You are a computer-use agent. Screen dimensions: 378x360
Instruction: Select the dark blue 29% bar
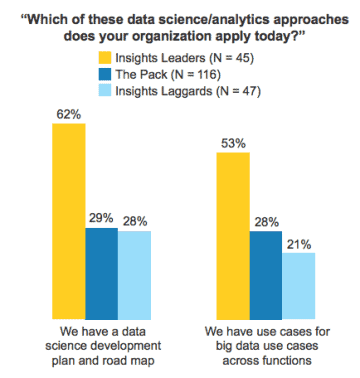[x=101, y=271]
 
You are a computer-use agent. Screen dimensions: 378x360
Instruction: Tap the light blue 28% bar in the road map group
[x=134, y=272]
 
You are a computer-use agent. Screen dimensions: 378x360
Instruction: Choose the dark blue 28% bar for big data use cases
[x=265, y=272]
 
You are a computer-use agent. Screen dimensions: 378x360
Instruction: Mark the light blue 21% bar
[x=298, y=284]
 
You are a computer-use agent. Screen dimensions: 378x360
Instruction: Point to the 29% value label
[x=101, y=217]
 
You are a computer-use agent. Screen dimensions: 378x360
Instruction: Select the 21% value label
[x=298, y=242]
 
